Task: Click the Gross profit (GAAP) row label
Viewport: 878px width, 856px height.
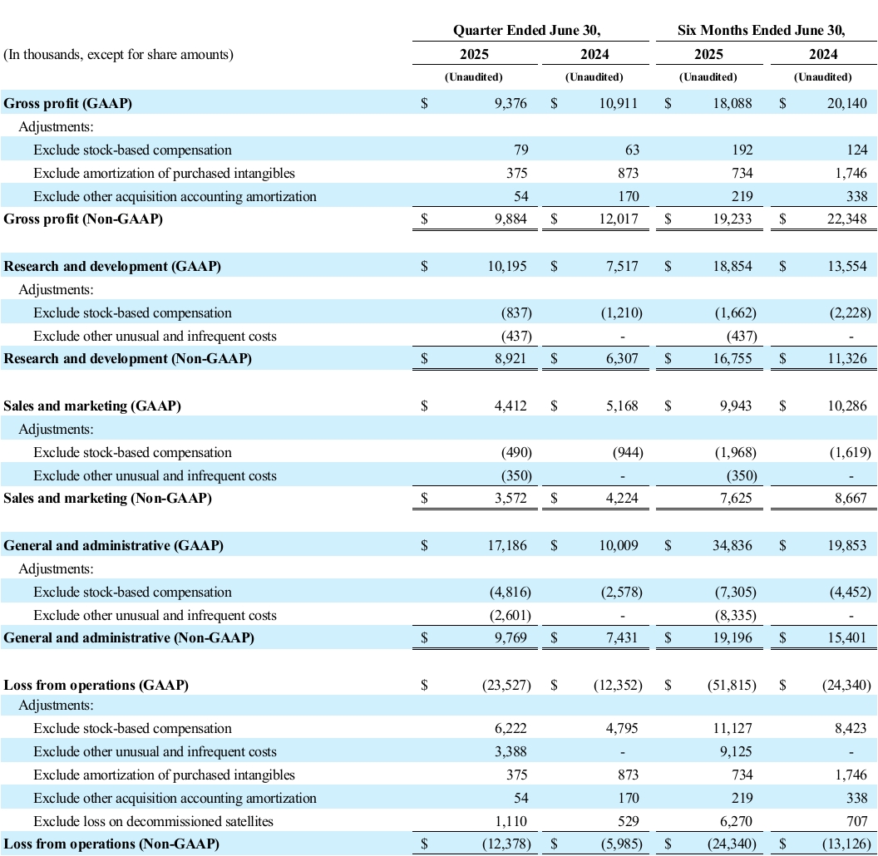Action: point(67,103)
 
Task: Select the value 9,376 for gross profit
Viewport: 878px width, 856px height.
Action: point(509,103)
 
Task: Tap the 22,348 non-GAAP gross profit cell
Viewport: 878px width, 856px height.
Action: point(847,219)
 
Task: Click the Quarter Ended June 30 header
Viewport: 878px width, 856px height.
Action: point(526,30)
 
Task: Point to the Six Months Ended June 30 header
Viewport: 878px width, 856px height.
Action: point(762,30)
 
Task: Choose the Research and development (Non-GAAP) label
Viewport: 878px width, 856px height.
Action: point(127,359)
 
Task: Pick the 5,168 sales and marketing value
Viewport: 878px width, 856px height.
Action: point(623,406)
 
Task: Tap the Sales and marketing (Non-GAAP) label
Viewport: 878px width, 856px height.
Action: point(107,499)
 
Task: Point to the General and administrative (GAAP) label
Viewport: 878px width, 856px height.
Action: point(113,545)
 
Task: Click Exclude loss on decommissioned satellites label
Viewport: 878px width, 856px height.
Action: point(153,821)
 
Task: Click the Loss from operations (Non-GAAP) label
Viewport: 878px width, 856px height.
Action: point(111,844)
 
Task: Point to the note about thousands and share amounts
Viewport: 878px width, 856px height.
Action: point(119,55)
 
